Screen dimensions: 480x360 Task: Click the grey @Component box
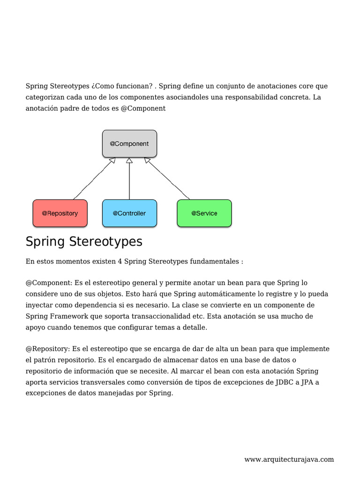pyautogui.click(x=129, y=143)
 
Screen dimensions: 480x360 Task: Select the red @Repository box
pyautogui.click(x=60, y=213)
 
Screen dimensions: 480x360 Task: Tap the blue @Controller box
pyautogui.click(x=129, y=213)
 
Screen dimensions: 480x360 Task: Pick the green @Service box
pyautogui.click(x=204, y=213)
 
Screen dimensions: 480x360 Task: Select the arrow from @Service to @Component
pyautogui.click(x=167, y=179)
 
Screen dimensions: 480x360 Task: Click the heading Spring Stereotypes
pyautogui.click(x=84, y=242)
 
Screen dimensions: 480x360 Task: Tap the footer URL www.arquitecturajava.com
pyautogui.click(x=289, y=459)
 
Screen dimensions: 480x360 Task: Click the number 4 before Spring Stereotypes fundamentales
pyautogui.click(x=120, y=261)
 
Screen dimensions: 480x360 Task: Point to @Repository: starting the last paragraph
pyautogui.click(x=48, y=349)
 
